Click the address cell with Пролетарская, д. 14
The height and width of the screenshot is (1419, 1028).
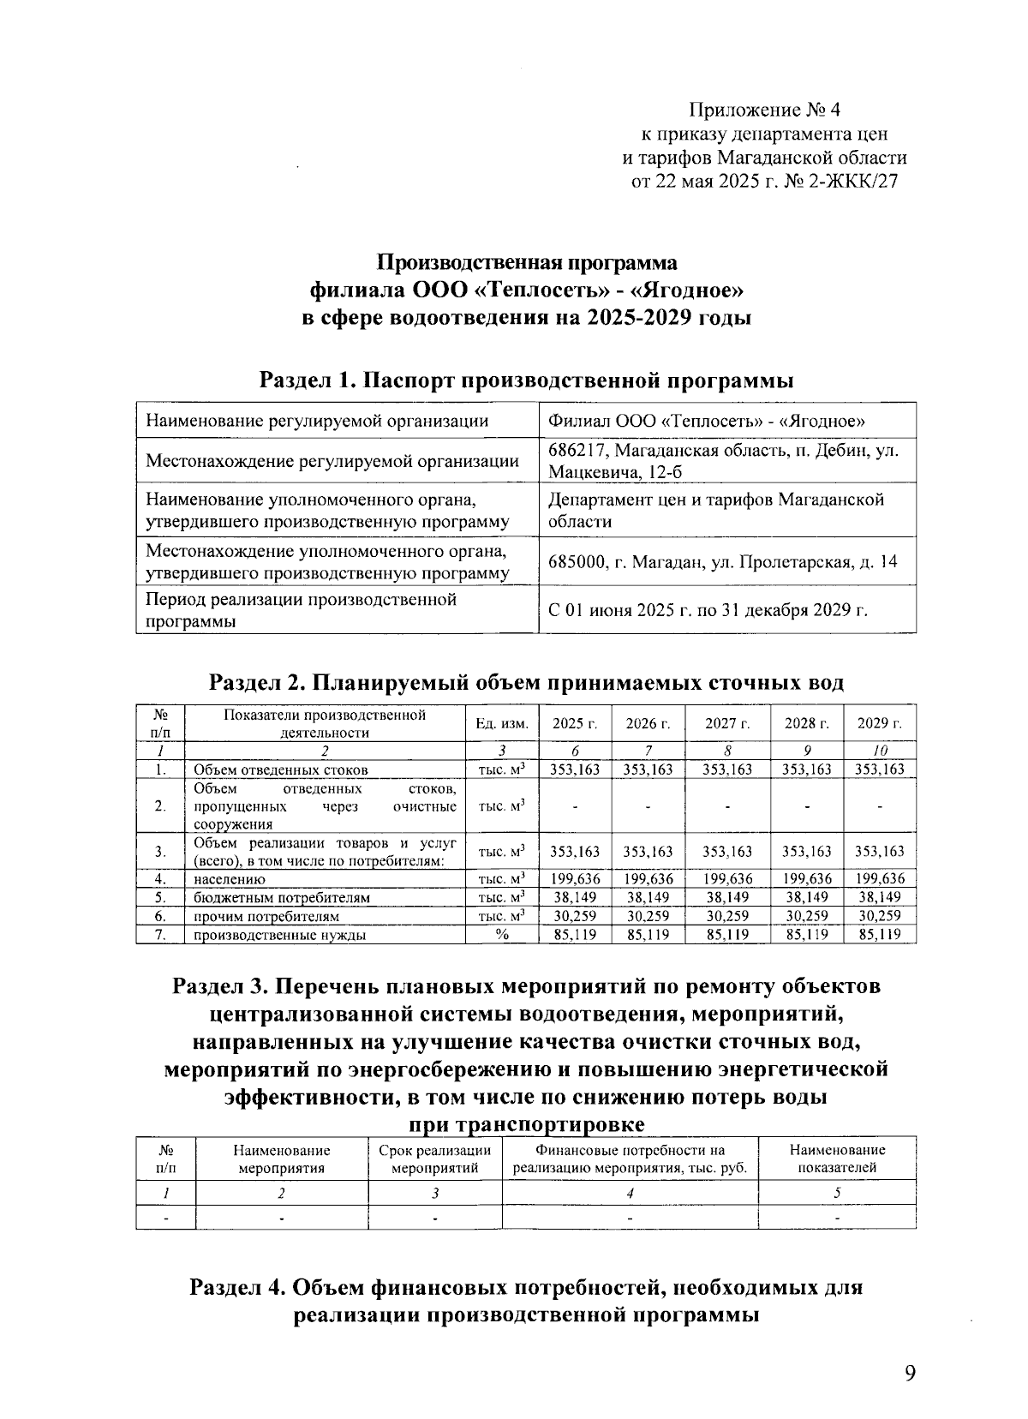(726, 562)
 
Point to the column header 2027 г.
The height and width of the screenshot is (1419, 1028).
(727, 724)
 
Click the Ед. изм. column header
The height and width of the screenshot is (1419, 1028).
(502, 724)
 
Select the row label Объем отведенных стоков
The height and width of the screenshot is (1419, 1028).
(281, 769)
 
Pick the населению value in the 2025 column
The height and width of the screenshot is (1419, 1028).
(575, 878)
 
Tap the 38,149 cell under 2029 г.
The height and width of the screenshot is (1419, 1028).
(880, 897)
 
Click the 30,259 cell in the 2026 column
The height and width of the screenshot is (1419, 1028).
(648, 916)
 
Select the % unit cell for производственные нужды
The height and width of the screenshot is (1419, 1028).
(502, 935)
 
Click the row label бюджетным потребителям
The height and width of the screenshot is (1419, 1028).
(282, 897)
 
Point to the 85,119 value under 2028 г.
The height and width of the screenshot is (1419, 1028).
(807, 935)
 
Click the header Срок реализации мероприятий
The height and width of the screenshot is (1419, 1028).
(434, 1159)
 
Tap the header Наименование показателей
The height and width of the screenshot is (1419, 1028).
(837, 1159)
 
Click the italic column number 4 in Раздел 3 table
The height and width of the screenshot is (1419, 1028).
(630, 1192)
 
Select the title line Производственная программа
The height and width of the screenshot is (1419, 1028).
(528, 262)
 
